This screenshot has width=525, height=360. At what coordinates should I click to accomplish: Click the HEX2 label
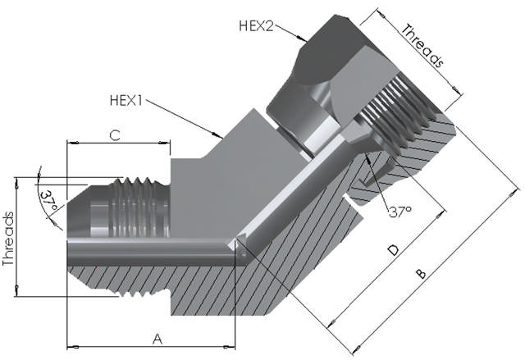(256, 25)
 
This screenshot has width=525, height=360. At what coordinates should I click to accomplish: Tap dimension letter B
(419, 273)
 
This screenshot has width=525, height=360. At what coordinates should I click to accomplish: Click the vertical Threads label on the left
(9, 238)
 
